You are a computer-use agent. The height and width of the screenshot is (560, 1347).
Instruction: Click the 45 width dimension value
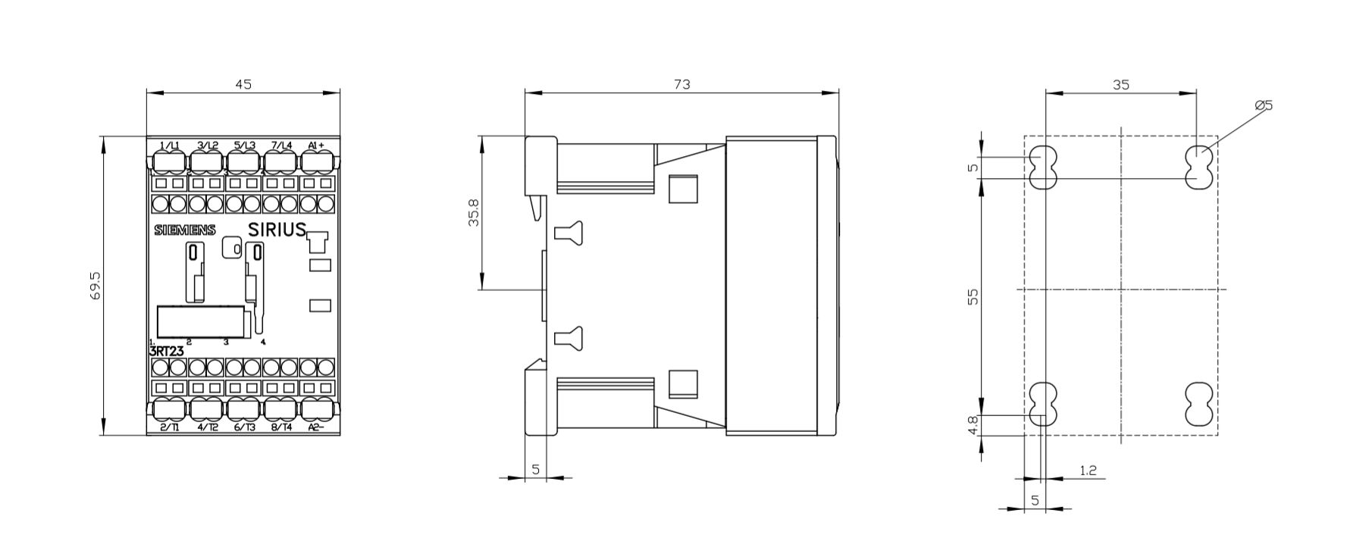[x=243, y=84]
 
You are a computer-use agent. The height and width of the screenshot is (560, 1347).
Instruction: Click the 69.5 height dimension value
[x=96, y=286]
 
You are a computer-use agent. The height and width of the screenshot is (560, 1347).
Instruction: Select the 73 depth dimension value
[x=682, y=84]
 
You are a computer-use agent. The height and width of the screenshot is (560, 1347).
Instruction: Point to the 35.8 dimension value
[x=474, y=213]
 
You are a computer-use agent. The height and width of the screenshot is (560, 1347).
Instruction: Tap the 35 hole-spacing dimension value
[x=1121, y=84]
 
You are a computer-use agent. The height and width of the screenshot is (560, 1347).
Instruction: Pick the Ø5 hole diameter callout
[x=1264, y=105]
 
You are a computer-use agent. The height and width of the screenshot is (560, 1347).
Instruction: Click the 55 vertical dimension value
[x=974, y=296]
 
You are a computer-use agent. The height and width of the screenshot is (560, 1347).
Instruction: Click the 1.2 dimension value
[x=1088, y=471]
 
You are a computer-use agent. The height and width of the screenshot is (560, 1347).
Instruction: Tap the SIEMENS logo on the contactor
[x=185, y=230]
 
